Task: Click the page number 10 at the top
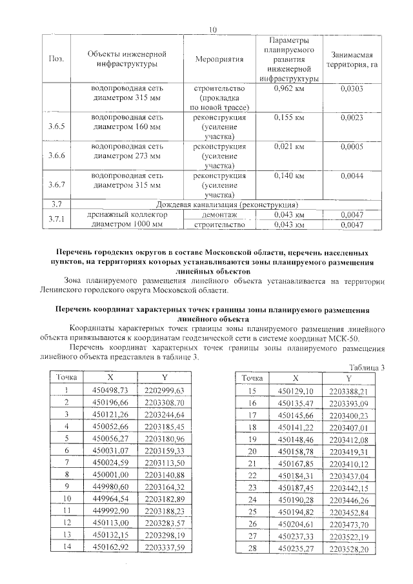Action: pos(212,28)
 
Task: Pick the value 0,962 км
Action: pos(289,88)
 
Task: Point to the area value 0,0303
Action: pos(352,88)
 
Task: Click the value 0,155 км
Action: pos(289,118)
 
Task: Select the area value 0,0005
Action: pos(352,147)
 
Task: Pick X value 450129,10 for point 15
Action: pos(295,392)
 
